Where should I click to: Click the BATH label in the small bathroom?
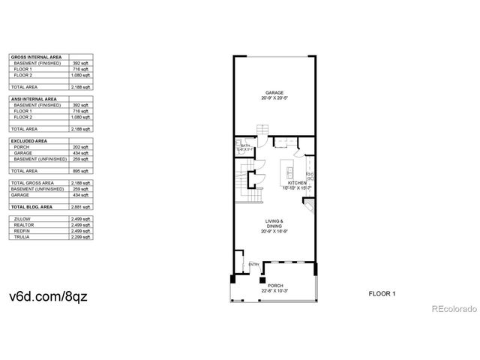tap(244, 147)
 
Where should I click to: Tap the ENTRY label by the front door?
tap(253, 264)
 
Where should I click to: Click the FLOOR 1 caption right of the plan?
tap(382, 292)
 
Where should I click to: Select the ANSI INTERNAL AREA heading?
tap(34, 99)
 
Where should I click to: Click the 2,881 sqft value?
tap(81, 206)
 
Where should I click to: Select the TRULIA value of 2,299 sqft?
tap(81, 237)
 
